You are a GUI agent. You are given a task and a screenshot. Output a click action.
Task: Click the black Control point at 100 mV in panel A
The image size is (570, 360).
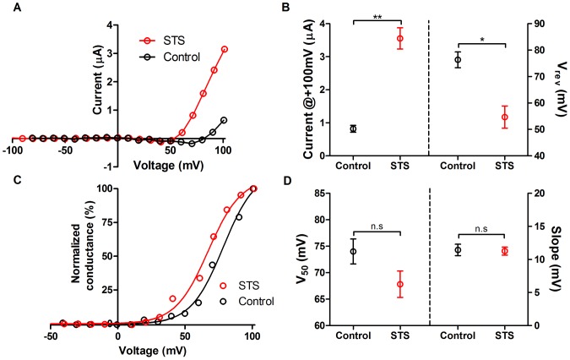(x=224, y=120)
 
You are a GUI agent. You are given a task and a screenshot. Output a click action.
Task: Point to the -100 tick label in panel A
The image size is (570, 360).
(x=12, y=150)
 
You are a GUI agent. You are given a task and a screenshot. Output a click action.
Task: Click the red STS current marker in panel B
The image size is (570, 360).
(x=400, y=38)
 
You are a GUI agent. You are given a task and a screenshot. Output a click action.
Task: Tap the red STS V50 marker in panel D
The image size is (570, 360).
(x=400, y=284)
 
